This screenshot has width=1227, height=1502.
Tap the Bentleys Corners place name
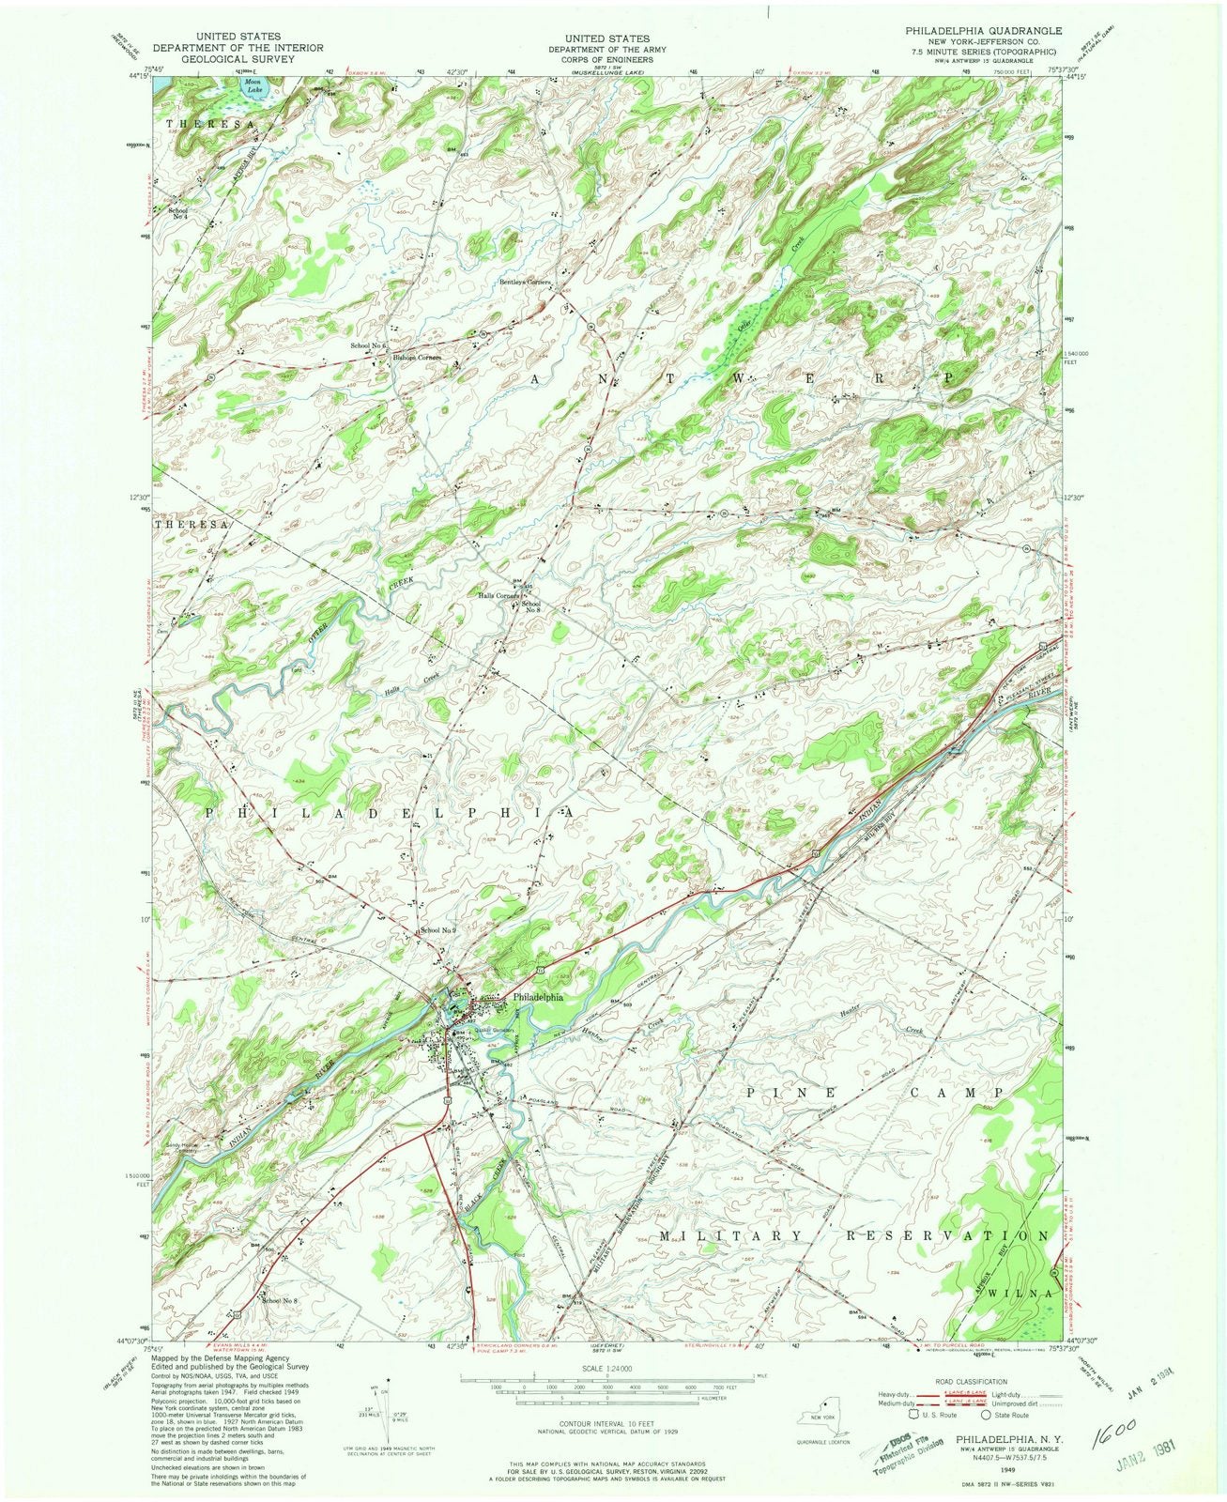click(x=524, y=282)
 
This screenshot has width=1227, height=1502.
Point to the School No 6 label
click(x=369, y=346)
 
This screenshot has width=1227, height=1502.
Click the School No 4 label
click(x=177, y=213)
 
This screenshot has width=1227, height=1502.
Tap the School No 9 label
click(x=437, y=930)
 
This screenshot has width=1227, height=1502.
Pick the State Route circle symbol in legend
click(x=987, y=1415)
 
